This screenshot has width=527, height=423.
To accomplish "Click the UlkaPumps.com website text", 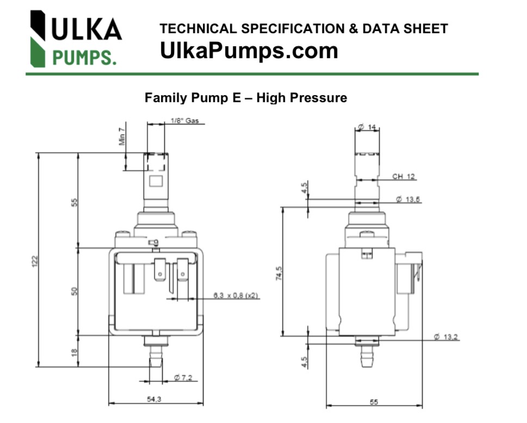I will click(x=249, y=51).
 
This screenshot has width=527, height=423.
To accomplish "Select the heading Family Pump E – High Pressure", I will click(x=246, y=98).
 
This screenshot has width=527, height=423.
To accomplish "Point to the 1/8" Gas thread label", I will click(x=184, y=121).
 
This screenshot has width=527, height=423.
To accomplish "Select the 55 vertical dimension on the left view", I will click(x=75, y=202).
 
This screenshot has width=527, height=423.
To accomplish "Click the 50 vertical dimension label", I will click(x=75, y=291).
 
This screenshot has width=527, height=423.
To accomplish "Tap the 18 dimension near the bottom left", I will click(x=75, y=352).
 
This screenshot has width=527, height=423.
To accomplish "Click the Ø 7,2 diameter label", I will click(x=184, y=377).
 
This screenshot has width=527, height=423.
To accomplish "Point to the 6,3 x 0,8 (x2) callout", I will click(x=235, y=295).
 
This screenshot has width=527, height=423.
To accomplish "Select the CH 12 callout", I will click(x=404, y=176).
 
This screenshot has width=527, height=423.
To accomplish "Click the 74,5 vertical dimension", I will click(x=279, y=273).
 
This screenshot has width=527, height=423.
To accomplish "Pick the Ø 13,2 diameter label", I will click(x=446, y=337).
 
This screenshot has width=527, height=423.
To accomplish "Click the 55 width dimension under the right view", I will click(x=374, y=402).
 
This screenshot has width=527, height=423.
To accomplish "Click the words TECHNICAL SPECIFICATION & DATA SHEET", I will click(x=304, y=29).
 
